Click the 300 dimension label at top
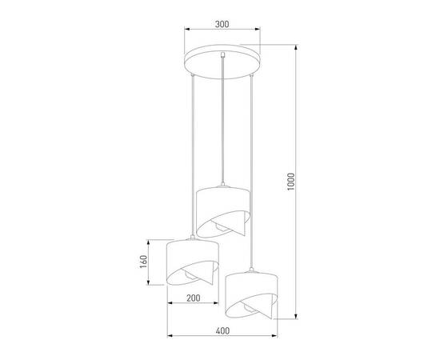coord(222,23)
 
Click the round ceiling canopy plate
coord(222,63)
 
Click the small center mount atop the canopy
coord(222,54)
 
